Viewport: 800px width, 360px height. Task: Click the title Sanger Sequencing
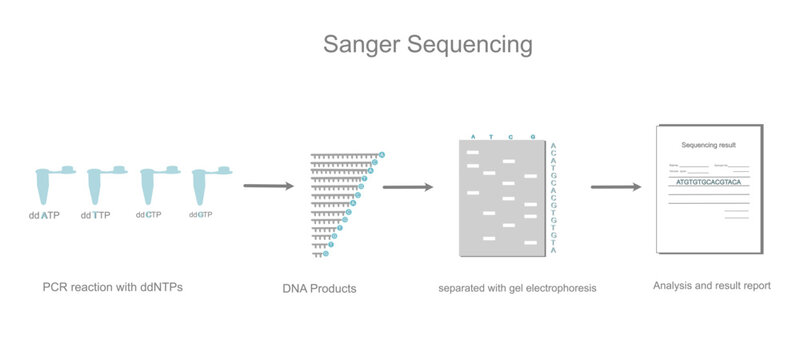(x=427, y=46)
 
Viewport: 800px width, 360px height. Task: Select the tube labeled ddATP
(x=46, y=186)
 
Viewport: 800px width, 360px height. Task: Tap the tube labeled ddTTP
(x=98, y=186)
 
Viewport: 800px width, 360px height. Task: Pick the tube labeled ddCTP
(x=151, y=186)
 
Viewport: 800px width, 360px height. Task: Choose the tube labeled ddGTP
(x=203, y=186)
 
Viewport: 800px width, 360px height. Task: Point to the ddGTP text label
(x=200, y=214)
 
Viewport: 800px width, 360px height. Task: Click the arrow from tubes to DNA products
(x=268, y=185)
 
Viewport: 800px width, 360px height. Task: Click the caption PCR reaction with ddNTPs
(x=112, y=287)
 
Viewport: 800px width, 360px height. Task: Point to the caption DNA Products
(x=319, y=289)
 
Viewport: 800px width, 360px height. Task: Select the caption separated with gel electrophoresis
(x=517, y=288)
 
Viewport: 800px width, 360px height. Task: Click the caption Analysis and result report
(x=711, y=286)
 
